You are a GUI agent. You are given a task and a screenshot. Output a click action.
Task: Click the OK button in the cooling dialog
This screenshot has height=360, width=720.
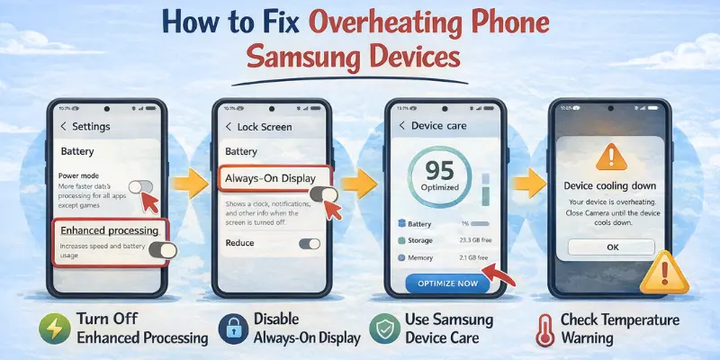point(612,246)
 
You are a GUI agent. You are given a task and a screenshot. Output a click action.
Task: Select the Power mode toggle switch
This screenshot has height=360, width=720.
point(141,187)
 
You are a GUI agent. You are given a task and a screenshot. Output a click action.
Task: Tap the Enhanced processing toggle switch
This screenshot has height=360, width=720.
point(163,250)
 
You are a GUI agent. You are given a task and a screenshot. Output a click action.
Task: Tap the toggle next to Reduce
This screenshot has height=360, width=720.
point(309,243)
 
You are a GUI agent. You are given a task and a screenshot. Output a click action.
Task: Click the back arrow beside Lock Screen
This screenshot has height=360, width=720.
point(229,127)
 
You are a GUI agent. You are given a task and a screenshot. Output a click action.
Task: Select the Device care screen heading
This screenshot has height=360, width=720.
point(438,126)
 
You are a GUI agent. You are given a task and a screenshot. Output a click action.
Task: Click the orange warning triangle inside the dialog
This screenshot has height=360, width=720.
point(611,157)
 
